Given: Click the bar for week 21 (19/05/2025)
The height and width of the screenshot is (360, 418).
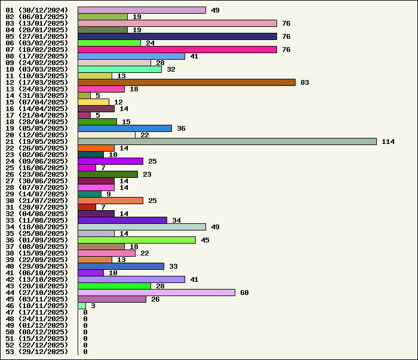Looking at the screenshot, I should tap(227, 141).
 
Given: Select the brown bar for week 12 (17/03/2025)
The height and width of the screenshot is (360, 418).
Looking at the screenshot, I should tap(186, 82).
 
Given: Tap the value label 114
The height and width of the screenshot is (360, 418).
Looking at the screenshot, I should tap(388, 141).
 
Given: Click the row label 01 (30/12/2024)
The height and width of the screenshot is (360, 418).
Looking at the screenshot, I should tap(37, 10).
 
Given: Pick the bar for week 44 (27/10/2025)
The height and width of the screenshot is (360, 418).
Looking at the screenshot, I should tap(156, 293).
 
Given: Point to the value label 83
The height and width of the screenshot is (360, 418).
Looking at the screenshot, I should tap(305, 82).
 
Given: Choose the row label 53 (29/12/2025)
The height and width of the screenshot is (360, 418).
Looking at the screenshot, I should tap(37, 352).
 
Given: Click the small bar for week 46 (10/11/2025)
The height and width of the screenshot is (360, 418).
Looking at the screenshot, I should tap(82, 306).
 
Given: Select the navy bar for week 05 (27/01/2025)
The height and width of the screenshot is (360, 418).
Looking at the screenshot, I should tap(177, 36).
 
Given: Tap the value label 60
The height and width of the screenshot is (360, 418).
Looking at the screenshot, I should tap(244, 293).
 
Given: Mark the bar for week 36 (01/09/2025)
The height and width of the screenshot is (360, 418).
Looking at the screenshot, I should tap(137, 240).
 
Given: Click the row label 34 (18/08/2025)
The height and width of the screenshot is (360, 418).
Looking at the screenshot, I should tap(37, 227).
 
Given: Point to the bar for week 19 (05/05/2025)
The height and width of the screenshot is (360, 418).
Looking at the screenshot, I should tap(125, 128).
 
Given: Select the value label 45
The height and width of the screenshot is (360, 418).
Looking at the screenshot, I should tap(205, 240).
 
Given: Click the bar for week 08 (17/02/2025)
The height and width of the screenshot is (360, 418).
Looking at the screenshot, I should tap(131, 56).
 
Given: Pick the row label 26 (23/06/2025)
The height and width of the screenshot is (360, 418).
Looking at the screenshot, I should tap(37, 174).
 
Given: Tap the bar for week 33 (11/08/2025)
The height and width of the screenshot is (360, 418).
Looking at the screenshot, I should tap(122, 220).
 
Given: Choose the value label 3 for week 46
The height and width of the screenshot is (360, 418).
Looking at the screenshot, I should tap(93, 306).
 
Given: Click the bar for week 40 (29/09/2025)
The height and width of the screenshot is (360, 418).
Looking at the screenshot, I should tap(121, 266).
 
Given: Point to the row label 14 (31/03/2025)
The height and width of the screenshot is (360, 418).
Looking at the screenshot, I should tap(37, 96).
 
